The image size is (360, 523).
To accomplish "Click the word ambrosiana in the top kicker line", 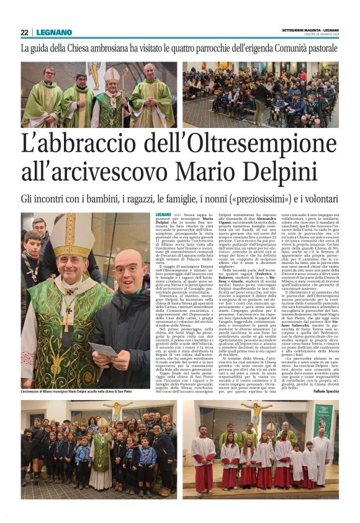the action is coord(133,48).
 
